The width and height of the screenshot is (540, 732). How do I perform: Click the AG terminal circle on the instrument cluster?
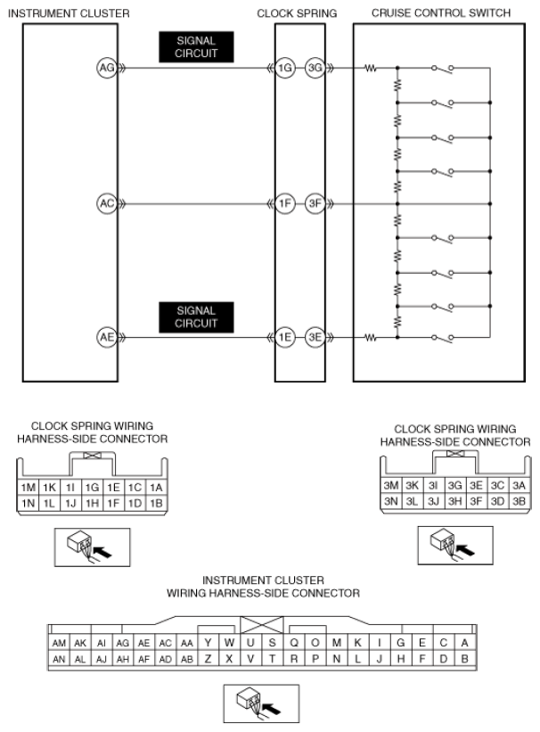(107, 68)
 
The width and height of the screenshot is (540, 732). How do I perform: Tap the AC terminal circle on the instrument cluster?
(107, 203)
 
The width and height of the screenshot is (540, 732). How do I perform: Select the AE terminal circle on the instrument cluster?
(107, 337)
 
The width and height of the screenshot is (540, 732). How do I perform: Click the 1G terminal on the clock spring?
(284, 68)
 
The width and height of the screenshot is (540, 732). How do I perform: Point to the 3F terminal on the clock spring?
(315, 203)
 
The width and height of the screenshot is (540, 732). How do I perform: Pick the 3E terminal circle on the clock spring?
(315, 337)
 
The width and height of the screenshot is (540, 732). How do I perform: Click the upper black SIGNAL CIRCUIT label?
(196, 46)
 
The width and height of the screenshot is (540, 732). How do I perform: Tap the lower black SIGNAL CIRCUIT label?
(196, 317)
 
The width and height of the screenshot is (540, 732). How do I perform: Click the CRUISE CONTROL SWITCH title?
(441, 13)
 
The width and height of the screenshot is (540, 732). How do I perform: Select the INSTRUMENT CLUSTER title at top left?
(70, 13)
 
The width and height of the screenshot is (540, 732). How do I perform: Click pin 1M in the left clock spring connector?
(28, 488)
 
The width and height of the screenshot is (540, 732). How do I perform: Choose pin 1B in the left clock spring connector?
(156, 503)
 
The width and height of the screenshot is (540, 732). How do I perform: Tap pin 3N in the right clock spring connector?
(391, 501)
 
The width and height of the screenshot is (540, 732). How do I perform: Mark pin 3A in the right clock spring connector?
(519, 486)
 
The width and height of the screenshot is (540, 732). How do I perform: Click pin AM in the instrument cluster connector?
(59, 643)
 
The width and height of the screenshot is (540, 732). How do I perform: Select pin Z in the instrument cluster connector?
(209, 659)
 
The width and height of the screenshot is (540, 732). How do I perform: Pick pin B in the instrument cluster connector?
(464, 659)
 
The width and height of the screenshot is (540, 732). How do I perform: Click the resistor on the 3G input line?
(371, 69)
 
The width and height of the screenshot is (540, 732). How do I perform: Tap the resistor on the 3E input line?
(371, 337)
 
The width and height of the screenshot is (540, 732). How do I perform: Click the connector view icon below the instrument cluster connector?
(261, 703)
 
